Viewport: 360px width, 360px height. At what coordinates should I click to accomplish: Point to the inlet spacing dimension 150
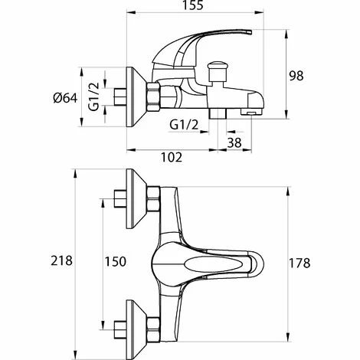[x=115, y=261]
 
